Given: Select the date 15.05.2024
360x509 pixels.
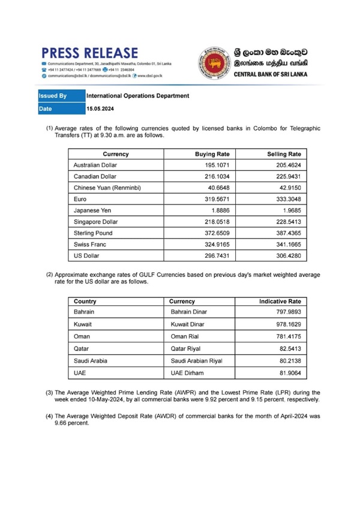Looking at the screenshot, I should click(x=100, y=109).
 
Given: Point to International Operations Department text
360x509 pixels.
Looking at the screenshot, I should click(x=138, y=96).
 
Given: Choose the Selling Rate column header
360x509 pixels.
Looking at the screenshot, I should click(x=284, y=154).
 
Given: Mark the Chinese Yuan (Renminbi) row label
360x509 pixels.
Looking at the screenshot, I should click(x=107, y=188).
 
